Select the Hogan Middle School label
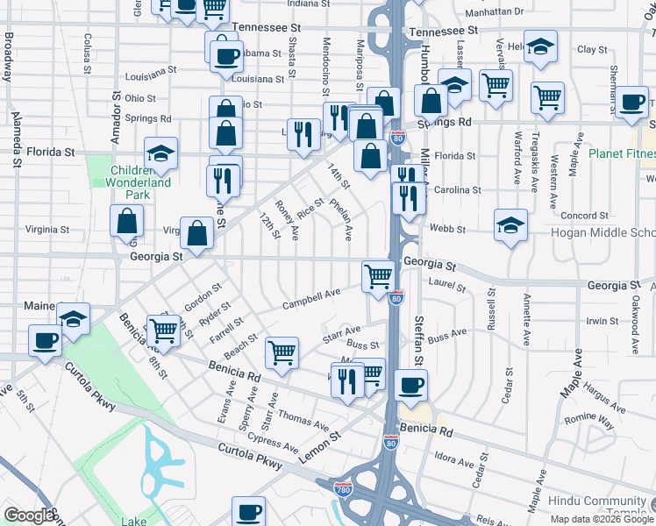click(x=603, y=232)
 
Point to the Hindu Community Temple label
click(x=613, y=508)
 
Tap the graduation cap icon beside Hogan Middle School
click(x=510, y=225)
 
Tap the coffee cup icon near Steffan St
click(x=410, y=384)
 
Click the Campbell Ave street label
click(x=310, y=299)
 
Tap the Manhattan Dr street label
click(x=494, y=12)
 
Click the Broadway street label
click(x=9, y=56)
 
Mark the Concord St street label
click(x=585, y=216)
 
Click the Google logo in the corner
click(x=29, y=515)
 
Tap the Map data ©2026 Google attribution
click(x=602, y=519)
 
